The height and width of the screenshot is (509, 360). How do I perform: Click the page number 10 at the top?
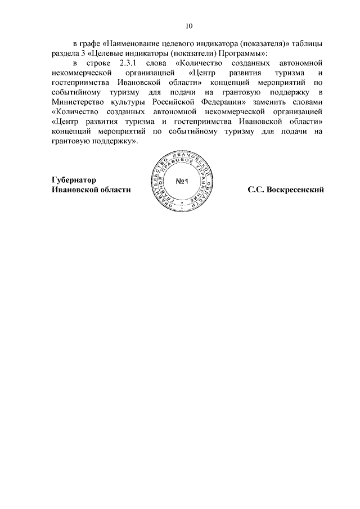click(188, 26)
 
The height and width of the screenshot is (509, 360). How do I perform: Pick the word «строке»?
click(93, 64)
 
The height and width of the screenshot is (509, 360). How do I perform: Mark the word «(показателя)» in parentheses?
click(250, 44)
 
